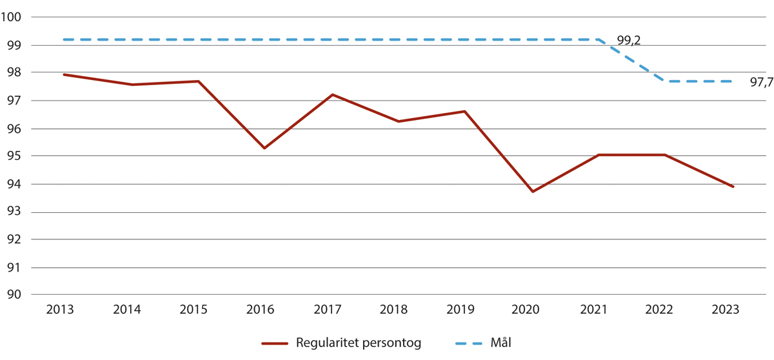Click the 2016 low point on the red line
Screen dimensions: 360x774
[x=264, y=148]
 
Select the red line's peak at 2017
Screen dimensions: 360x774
[x=332, y=95]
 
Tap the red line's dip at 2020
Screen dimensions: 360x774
[x=533, y=192]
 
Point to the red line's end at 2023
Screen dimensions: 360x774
[x=733, y=186]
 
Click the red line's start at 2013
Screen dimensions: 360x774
[x=64, y=75]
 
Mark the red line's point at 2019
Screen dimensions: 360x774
[x=465, y=112]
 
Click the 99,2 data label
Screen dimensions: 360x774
[x=628, y=41]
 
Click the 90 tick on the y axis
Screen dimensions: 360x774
[x=15, y=295]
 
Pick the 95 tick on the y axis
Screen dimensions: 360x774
[x=15, y=156]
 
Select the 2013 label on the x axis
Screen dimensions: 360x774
[x=60, y=310]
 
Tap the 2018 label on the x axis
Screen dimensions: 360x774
[x=394, y=310]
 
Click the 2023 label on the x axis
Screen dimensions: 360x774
[x=726, y=310]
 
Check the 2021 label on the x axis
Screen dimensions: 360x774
[x=593, y=310]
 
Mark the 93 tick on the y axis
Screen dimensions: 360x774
[x=15, y=212]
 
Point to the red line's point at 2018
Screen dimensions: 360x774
[x=399, y=121]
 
